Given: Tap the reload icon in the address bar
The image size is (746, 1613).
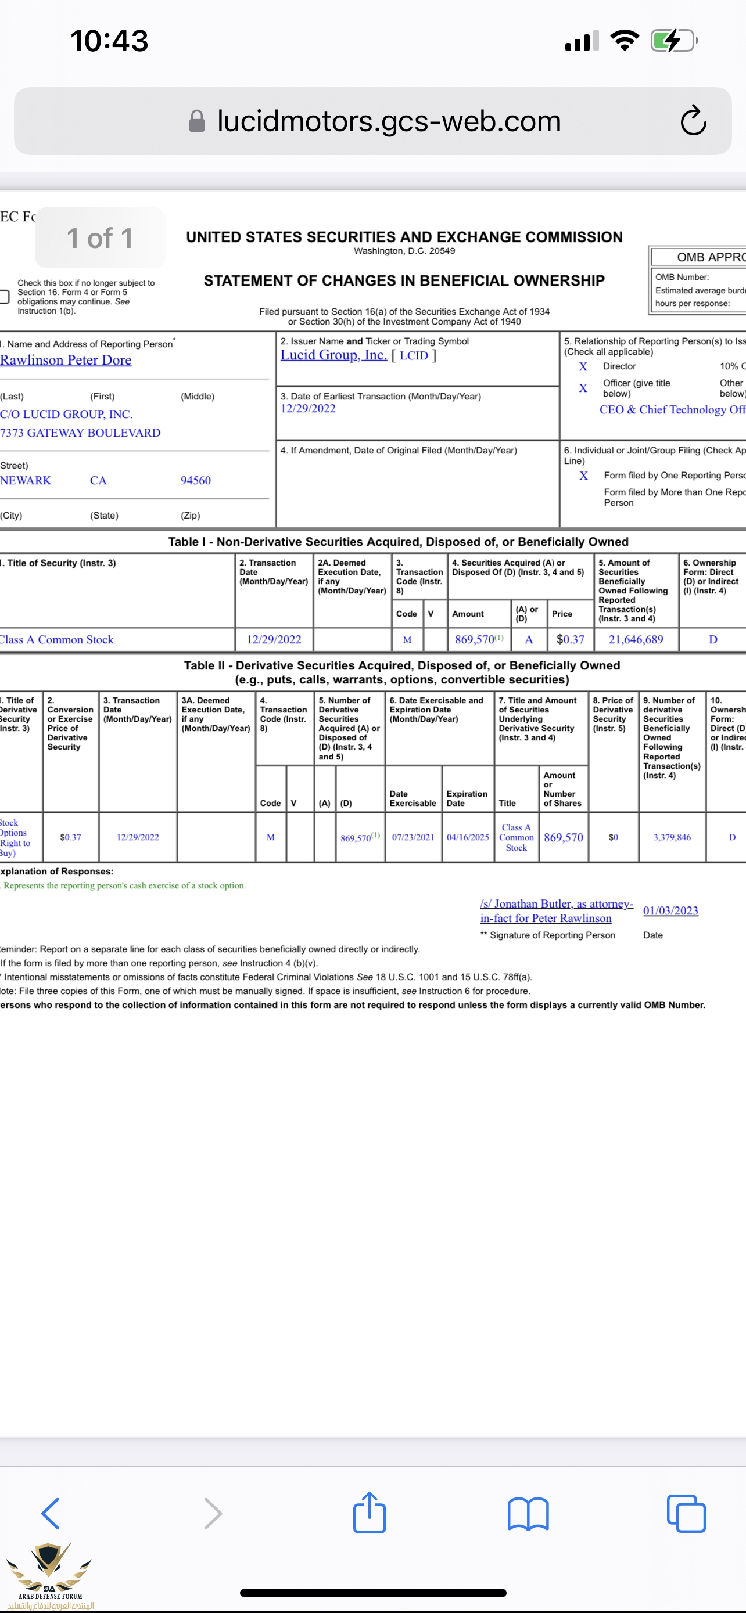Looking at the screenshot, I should point(693,121).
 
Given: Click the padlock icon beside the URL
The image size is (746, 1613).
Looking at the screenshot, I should point(197,121).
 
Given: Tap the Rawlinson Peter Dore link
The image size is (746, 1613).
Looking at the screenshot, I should point(66,360).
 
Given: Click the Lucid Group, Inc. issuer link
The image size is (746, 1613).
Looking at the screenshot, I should point(333,355).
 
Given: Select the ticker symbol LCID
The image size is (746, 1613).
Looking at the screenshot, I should point(414,356).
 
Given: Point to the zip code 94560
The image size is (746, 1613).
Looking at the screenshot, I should point(195,480).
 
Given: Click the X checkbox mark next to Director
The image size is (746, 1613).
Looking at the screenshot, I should point(583,367).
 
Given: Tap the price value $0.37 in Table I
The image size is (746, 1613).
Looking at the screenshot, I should point(570,639).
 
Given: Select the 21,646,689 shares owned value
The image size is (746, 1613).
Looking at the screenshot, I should point(636,639).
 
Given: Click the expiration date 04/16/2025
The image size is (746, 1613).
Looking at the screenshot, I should point(467,837).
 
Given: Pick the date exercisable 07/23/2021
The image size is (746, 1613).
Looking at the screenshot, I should point(413,837).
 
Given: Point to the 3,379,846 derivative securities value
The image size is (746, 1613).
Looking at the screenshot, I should point(672,837).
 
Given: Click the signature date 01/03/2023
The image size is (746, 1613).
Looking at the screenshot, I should point(670,910).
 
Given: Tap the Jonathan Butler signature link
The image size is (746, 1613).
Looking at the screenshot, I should point(556,910).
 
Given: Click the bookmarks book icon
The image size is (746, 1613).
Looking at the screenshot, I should point(528,1514).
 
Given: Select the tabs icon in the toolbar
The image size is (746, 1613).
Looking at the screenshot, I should point(686,1514).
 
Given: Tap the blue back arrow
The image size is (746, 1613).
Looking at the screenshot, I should point(51,1514).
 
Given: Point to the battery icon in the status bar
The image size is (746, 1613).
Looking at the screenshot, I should point(673,41).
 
